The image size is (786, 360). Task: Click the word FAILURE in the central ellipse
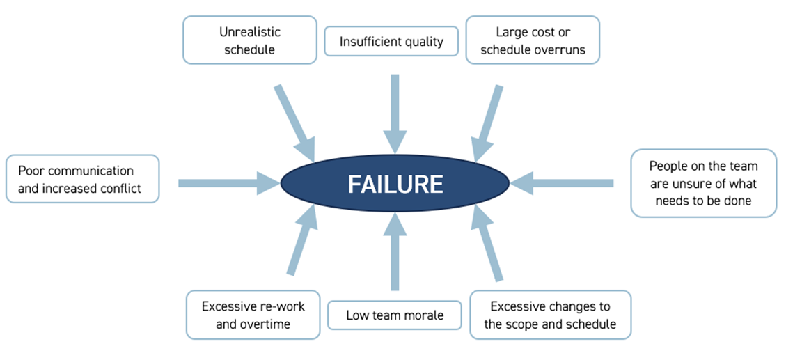click(395, 184)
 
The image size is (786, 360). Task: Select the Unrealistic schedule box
click(249, 40)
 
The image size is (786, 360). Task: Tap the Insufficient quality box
click(391, 42)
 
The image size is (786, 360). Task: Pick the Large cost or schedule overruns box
click(532, 40)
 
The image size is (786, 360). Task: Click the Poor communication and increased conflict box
click(82, 179)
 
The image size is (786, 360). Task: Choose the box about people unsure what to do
click(703, 184)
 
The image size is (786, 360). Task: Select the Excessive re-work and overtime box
click(253, 315)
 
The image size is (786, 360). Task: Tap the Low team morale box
click(395, 315)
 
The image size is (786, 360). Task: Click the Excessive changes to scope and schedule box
click(550, 315)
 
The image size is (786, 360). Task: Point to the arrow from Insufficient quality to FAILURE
click(395, 104)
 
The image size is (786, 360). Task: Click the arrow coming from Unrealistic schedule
click(293, 118)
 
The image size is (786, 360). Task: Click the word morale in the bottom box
click(424, 315)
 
